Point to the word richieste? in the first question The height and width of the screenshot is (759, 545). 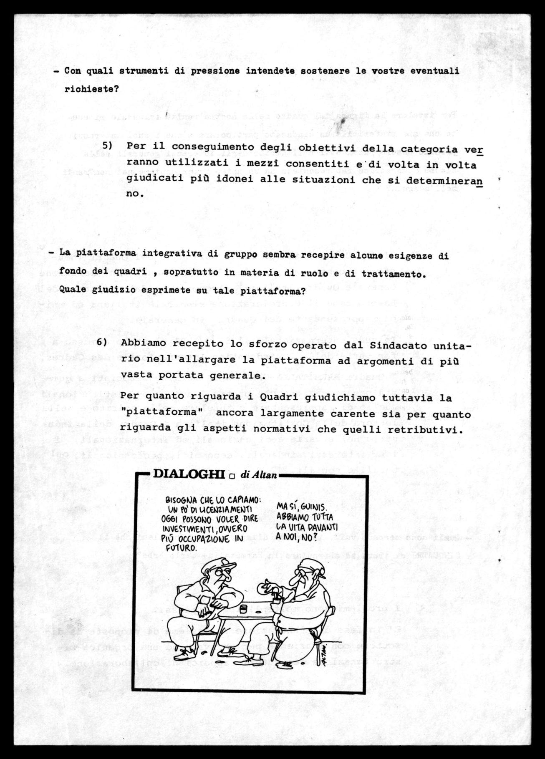pyautogui.click(x=91, y=89)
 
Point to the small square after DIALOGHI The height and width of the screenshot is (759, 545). pyautogui.click(x=232, y=475)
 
